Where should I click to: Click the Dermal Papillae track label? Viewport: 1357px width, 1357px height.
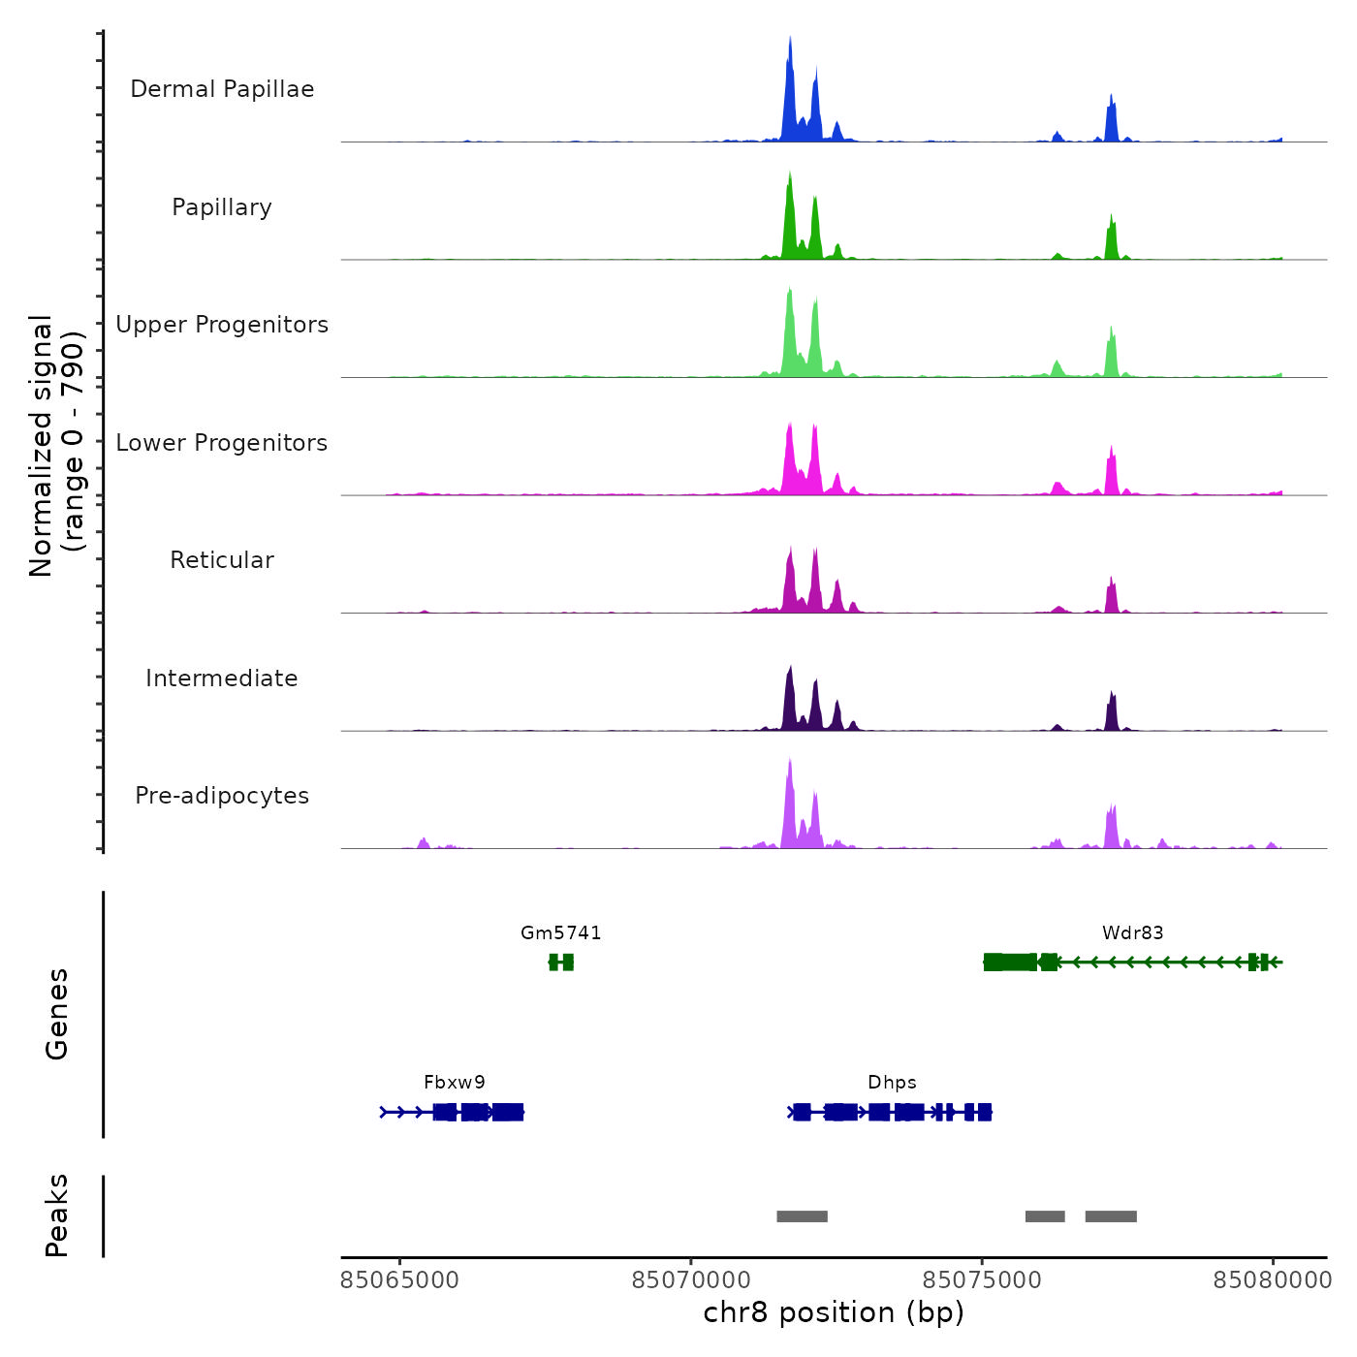click(x=222, y=89)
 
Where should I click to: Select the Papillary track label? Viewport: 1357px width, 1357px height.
click(x=222, y=207)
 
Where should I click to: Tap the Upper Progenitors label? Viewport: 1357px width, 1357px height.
click(x=222, y=325)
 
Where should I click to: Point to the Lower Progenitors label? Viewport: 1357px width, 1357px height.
click(x=222, y=443)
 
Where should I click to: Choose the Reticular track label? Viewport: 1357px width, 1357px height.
click(x=222, y=560)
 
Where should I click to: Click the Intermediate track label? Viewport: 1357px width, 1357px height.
click(x=222, y=678)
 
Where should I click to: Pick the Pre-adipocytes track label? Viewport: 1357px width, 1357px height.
click(x=222, y=796)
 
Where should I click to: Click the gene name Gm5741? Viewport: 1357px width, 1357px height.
click(x=560, y=933)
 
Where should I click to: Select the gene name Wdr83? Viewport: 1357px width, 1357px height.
click(x=1132, y=933)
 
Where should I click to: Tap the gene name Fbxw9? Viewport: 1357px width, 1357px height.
click(x=455, y=1083)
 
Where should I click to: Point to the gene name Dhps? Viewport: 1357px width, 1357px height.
click(x=892, y=1083)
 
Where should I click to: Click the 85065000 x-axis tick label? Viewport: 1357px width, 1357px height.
click(x=399, y=1280)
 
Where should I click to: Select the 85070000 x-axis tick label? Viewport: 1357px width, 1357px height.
click(x=690, y=1280)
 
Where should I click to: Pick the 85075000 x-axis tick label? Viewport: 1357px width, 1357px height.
click(x=982, y=1280)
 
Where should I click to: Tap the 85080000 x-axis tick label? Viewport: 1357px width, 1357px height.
click(x=1273, y=1280)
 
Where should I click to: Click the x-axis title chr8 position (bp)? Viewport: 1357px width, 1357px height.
click(x=834, y=1312)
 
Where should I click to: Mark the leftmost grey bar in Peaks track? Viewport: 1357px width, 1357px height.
click(x=802, y=1216)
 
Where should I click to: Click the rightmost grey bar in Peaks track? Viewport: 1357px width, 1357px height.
click(x=1111, y=1216)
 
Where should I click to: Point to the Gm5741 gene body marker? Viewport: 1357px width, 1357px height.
click(x=561, y=963)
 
